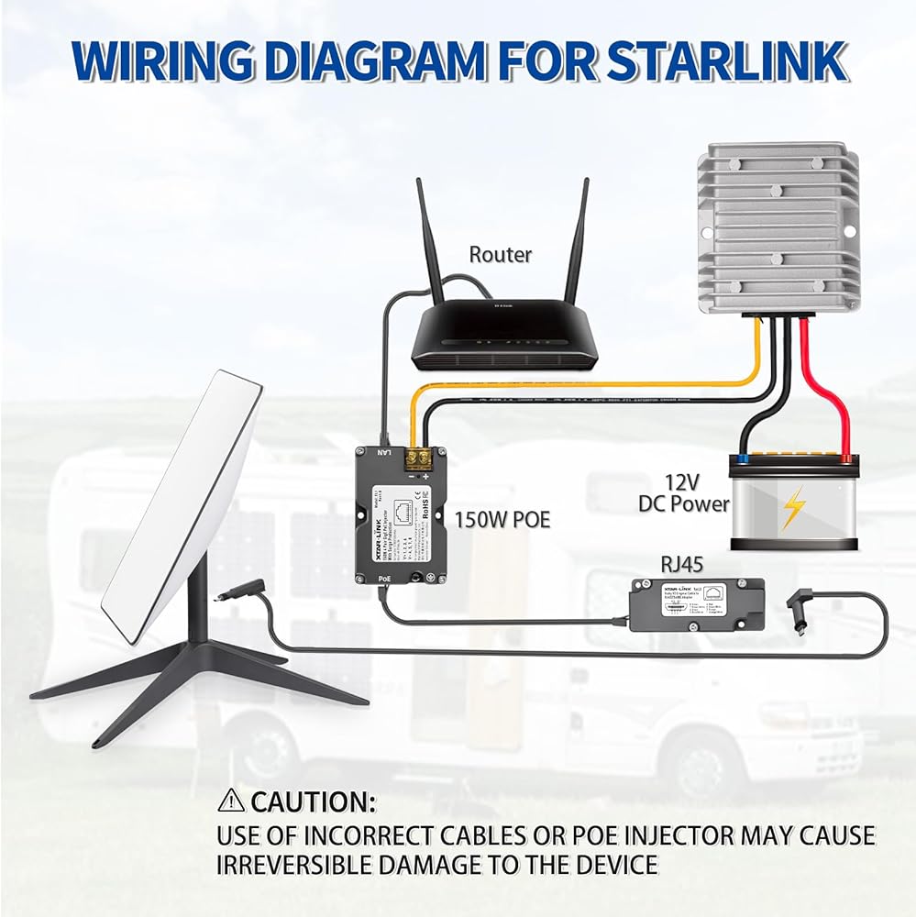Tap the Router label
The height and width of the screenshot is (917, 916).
coord(500,254)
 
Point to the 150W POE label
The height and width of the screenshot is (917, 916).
coord(502,520)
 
